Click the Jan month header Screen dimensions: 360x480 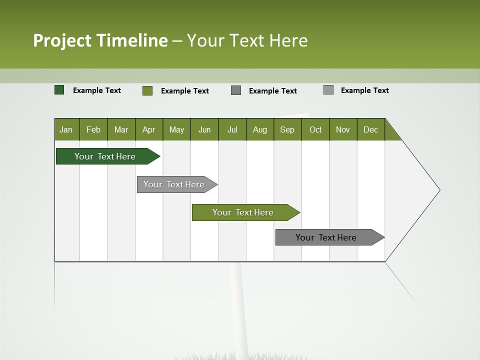coord(66,129)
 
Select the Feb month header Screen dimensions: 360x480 coord(93,129)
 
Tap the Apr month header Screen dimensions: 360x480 coord(149,129)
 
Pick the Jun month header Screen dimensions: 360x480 coord(204,129)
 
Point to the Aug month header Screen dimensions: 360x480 coord(260,129)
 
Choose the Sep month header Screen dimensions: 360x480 coord(287,129)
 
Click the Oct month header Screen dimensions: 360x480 coord(315,129)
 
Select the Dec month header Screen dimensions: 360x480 coord(371,129)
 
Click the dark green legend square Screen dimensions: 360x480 coord(59,90)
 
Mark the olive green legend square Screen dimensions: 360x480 coord(147,90)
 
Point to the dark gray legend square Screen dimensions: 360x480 coord(236,90)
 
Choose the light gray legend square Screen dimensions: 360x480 coord(328,90)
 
